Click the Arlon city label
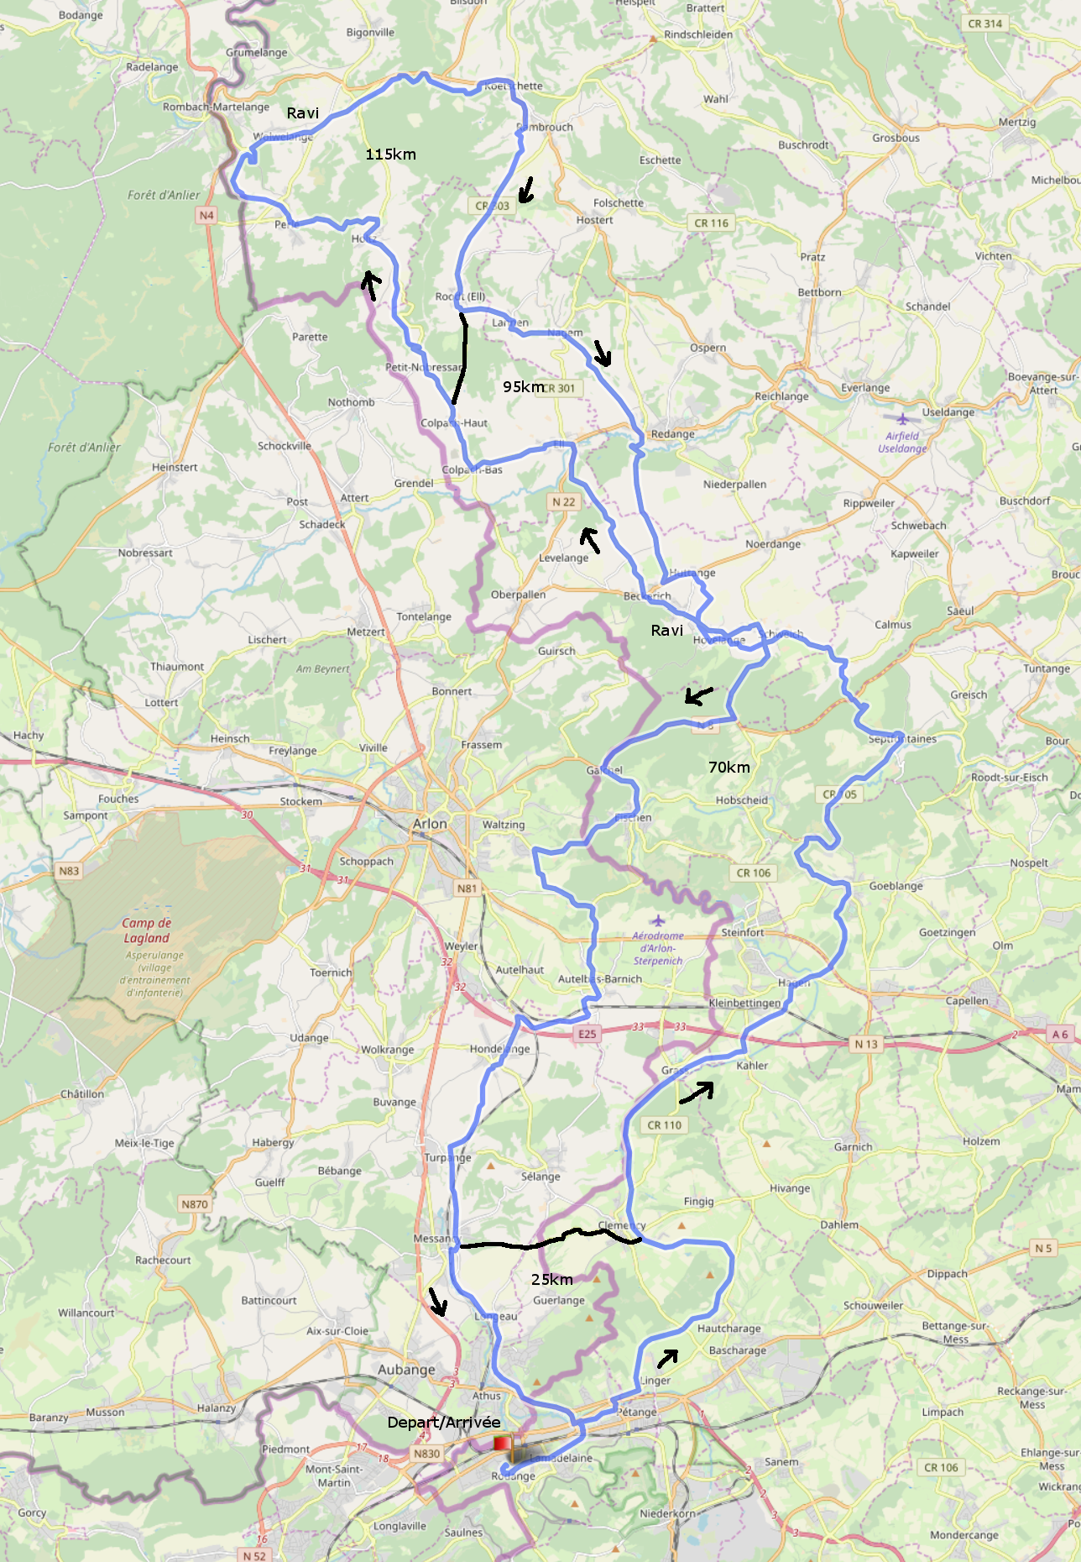pos(430,824)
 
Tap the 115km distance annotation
pos(390,155)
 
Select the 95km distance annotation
pos(523,386)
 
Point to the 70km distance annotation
pos(728,767)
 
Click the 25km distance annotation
pos(551,1279)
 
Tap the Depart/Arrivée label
pos(443,1422)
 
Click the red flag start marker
pos(502,1443)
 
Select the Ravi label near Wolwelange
pos(302,113)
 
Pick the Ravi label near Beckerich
pos(666,630)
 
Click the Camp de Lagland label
pos(147,930)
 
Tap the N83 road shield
pos(69,871)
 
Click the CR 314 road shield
pos(984,24)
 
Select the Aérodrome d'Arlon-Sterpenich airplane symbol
pos(657,920)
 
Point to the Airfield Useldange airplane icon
pos(902,419)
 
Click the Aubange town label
pos(406,1370)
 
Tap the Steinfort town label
pos(742,932)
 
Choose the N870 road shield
pos(194,1203)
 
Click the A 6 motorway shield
pos(1059,1034)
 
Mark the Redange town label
pos(672,434)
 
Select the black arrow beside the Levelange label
pos(590,540)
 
